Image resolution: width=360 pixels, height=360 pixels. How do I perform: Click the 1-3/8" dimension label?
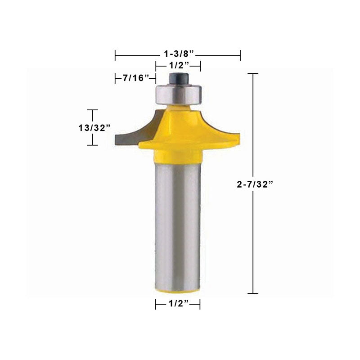tap(179, 54)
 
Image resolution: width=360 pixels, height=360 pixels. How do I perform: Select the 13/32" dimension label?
tap(94, 128)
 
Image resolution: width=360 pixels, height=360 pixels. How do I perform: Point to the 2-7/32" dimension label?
tap(255, 184)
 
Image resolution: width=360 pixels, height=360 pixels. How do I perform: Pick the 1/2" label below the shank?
tap(179, 303)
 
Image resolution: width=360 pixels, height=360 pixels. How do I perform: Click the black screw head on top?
tap(179, 78)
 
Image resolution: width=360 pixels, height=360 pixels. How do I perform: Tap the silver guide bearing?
tap(179, 94)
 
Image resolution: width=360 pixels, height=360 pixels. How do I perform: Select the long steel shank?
tap(178, 226)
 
